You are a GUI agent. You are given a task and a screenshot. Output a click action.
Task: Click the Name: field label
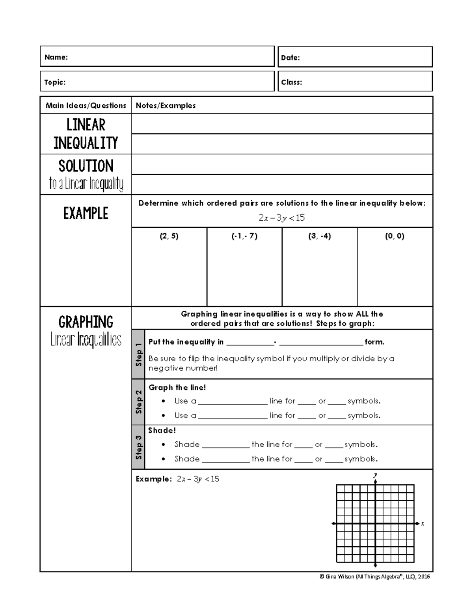click(x=56, y=57)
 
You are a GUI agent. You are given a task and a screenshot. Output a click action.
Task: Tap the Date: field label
click(x=291, y=58)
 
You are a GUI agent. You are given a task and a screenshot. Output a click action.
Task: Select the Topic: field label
click(x=55, y=82)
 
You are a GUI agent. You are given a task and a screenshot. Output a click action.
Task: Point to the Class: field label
click(x=292, y=82)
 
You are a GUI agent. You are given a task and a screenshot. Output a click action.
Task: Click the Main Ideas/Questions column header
click(x=86, y=105)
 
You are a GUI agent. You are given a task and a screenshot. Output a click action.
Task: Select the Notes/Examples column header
click(x=166, y=105)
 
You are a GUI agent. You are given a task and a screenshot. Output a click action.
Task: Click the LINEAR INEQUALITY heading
click(x=86, y=134)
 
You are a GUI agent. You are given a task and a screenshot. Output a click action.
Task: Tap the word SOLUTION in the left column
click(x=86, y=166)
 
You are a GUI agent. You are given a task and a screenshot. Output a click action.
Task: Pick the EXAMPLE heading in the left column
click(x=86, y=214)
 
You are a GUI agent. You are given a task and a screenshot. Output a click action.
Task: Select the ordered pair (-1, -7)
click(x=244, y=236)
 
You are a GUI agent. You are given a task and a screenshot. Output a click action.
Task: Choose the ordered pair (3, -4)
click(x=320, y=236)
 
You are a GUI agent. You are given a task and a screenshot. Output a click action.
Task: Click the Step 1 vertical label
click(x=138, y=354)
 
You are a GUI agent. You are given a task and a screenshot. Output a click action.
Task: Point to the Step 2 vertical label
click(x=138, y=402)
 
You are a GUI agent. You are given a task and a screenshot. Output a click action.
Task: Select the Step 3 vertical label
click(x=138, y=447)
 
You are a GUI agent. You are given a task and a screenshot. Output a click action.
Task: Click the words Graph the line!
click(x=177, y=388)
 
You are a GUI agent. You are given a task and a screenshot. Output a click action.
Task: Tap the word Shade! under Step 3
click(x=162, y=431)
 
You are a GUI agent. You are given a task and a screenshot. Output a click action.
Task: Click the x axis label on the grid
click(x=423, y=524)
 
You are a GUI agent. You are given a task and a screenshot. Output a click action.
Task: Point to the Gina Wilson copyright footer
click(x=374, y=577)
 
